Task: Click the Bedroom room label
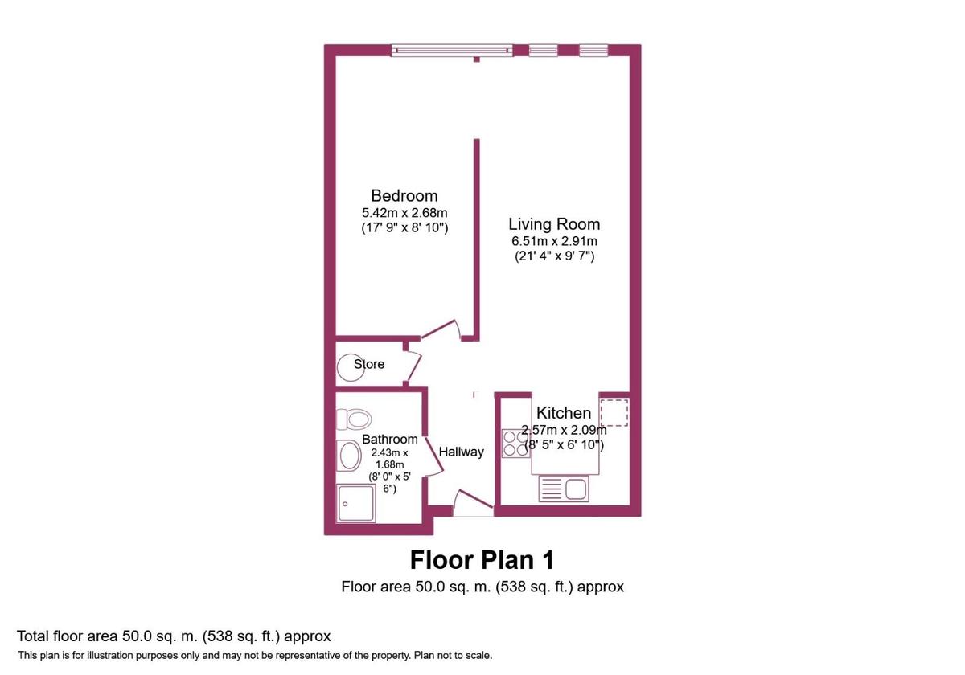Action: [x=404, y=195]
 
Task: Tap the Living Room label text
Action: [x=554, y=224]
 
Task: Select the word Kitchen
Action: [x=564, y=413]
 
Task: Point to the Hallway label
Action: [x=462, y=452]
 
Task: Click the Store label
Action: [x=369, y=364]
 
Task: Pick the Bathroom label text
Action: [x=390, y=440]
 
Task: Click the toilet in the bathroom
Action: [x=355, y=419]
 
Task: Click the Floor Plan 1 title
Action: [x=482, y=559]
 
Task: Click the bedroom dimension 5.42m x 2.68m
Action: [x=404, y=213]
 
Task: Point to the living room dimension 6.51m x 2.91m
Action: [x=554, y=241]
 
